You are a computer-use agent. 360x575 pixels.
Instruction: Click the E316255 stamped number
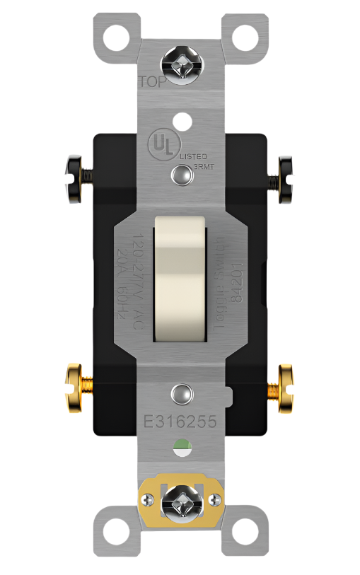[x=180, y=422]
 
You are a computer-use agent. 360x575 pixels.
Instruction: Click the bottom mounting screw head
[x=180, y=504]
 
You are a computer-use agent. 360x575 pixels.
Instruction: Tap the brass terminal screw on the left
[x=76, y=388]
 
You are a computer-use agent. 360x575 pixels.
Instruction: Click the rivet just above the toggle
[x=181, y=174]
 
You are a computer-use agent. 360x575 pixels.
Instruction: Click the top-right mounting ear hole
[x=247, y=33]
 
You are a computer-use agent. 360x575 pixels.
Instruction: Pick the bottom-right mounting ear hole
[x=247, y=537]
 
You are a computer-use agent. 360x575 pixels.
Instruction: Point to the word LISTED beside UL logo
[x=193, y=155]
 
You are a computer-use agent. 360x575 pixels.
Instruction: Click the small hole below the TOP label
[x=181, y=120]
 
